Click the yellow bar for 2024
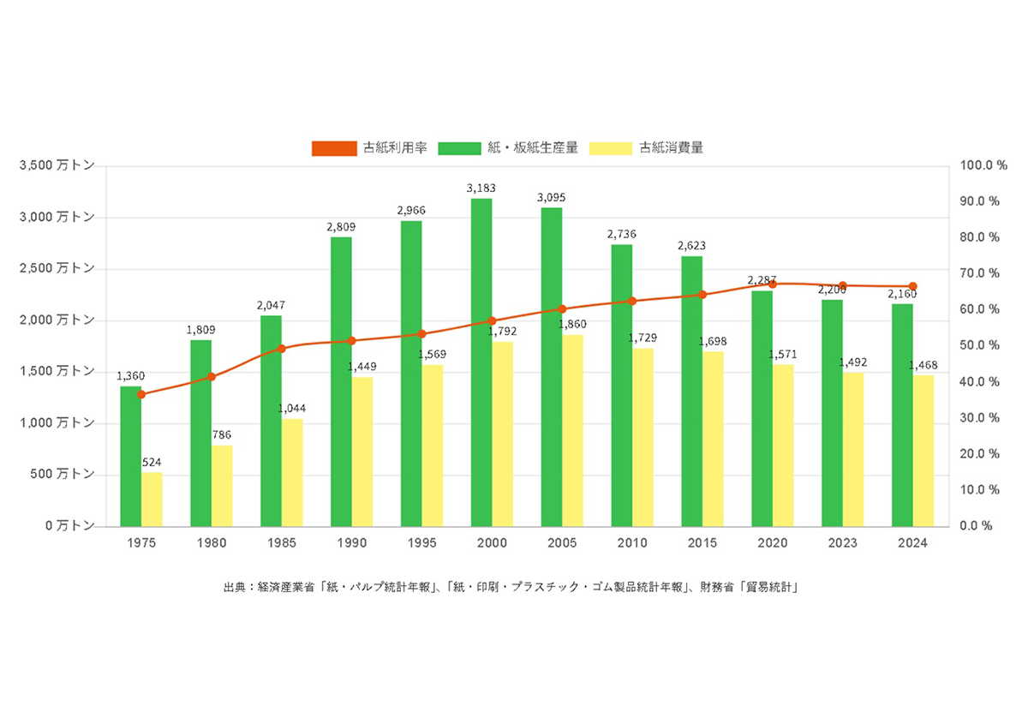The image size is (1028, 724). coord(923,451)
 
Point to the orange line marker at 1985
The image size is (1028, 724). coord(282,349)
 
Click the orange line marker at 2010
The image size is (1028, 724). coord(632,301)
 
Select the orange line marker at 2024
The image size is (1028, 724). coord(913,286)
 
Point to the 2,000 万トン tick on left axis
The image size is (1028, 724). coord(58,320)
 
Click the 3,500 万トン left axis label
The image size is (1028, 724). coord(58,165)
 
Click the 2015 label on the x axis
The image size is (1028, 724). coord(702,543)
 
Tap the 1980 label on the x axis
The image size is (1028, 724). coord(212,543)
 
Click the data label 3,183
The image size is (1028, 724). coord(481,188)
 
